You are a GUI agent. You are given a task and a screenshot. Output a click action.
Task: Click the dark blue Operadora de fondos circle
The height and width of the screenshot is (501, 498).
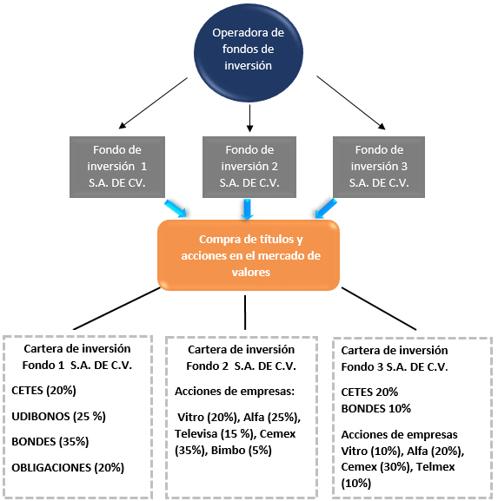click(x=249, y=53)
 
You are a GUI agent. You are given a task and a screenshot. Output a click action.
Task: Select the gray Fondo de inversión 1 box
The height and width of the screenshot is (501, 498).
click(x=117, y=167)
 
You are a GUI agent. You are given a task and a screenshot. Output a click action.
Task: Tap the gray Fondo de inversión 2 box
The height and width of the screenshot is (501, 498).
click(x=249, y=167)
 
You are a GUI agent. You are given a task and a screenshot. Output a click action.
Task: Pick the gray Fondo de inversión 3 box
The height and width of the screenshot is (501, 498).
click(x=379, y=167)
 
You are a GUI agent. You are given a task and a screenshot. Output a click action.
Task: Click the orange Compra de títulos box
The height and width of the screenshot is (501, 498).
click(x=249, y=255)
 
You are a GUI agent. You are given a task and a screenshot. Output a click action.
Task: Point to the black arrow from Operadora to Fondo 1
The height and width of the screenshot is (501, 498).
click(x=153, y=102)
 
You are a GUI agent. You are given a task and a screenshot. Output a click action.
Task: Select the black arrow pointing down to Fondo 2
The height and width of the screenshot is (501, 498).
click(x=249, y=118)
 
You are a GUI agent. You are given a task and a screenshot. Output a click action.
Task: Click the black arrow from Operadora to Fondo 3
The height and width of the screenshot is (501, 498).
click(x=351, y=102)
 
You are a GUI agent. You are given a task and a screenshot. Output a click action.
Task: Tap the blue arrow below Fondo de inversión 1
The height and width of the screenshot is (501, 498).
click(x=176, y=208)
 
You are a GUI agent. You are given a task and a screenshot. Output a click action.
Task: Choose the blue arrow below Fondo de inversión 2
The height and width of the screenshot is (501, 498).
click(x=247, y=209)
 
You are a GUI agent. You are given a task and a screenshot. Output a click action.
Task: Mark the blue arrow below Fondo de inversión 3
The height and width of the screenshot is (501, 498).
click(x=326, y=208)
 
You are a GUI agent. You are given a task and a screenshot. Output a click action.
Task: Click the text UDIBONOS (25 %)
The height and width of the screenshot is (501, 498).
click(x=58, y=416)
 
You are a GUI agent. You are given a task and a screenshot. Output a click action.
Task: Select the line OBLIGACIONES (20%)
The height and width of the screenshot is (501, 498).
click(x=68, y=468)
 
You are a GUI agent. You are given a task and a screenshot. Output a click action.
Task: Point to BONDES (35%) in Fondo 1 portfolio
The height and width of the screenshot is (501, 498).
click(x=50, y=442)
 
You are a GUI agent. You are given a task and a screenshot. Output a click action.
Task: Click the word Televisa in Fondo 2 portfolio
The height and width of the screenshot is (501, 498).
click(x=196, y=433)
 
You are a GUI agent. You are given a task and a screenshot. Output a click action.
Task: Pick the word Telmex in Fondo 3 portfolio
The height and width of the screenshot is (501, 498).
click(x=435, y=467)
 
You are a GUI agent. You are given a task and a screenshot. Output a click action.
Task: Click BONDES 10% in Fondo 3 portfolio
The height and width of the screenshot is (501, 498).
click(x=375, y=408)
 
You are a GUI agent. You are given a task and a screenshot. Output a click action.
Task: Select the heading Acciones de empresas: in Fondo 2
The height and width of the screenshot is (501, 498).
click(x=235, y=392)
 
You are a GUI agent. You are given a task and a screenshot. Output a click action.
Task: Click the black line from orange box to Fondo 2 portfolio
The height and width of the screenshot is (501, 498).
click(x=245, y=313)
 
